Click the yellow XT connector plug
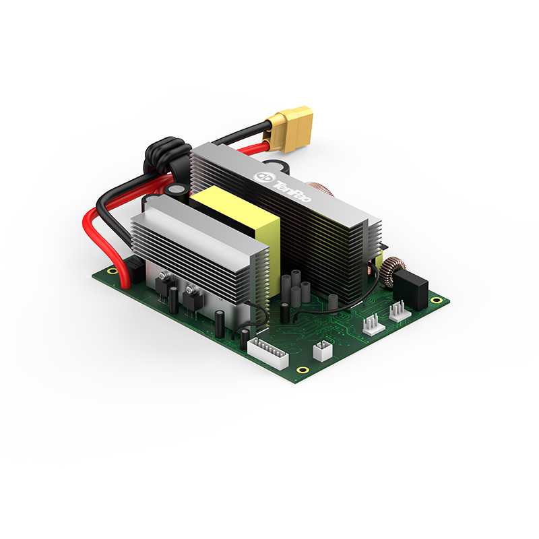(x=290, y=128)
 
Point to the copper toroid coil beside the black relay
(x=395, y=272)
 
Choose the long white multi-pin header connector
(x=268, y=352)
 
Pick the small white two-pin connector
(x=323, y=350)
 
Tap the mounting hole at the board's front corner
(x=303, y=370)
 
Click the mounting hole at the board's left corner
(x=111, y=271)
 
